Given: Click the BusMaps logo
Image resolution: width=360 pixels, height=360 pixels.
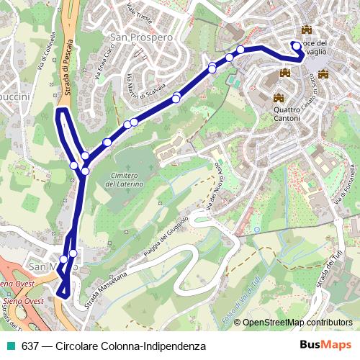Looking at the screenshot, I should coord(326,346).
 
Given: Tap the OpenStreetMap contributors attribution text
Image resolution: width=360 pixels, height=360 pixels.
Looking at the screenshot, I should coord(297,323).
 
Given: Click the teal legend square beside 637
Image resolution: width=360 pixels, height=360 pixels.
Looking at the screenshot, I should coord(11,346).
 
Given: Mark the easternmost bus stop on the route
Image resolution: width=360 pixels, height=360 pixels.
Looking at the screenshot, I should coord(297,45).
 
